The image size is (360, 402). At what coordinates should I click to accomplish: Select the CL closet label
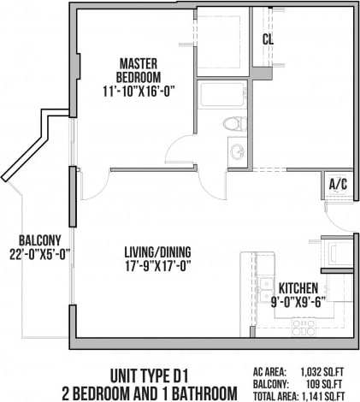point(268,39)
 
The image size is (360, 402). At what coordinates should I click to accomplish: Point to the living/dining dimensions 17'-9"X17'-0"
point(157,265)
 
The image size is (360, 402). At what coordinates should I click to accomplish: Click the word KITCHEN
point(298,288)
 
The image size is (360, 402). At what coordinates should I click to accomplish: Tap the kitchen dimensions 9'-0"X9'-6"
point(298,302)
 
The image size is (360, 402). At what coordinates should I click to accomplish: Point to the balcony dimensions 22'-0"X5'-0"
point(38,253)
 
